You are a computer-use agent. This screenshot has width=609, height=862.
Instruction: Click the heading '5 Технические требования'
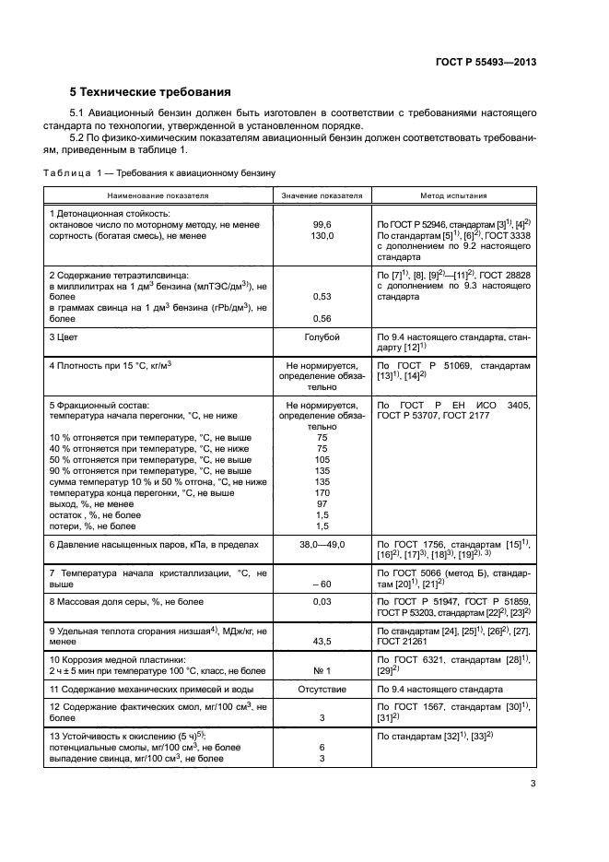[x=150, y=92]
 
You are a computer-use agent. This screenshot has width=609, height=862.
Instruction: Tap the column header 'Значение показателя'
[x=322, y=196]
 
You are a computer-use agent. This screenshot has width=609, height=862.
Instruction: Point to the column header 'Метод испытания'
[x=454, y=196]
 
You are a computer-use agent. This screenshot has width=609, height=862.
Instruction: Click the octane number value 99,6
[x=322, y=225]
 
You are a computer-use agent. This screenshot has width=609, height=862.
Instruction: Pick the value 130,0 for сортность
[x=322, y=236]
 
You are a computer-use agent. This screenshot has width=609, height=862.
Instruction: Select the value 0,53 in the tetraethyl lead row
[x=322, y=297]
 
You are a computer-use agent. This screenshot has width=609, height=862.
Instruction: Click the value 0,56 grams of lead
[x=322, y=319]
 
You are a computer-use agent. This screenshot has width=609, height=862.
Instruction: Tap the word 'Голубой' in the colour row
[x=322, y=338]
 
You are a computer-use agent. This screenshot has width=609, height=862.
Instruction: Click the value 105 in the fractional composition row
[x=322, y=459]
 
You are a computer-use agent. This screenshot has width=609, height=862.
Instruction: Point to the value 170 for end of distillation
[x=322, y=492]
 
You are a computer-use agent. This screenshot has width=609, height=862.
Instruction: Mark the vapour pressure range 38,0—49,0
[x=322, y=545]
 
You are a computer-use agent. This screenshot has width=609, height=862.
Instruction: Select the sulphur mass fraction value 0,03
[x=322, y=602]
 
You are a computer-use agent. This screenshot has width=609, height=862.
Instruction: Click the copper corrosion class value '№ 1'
[x=322, y=670]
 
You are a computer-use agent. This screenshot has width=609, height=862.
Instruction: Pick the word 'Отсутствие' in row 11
[x=322, y=689]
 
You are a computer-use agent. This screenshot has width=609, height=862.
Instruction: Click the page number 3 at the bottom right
[x=533, y=784]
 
